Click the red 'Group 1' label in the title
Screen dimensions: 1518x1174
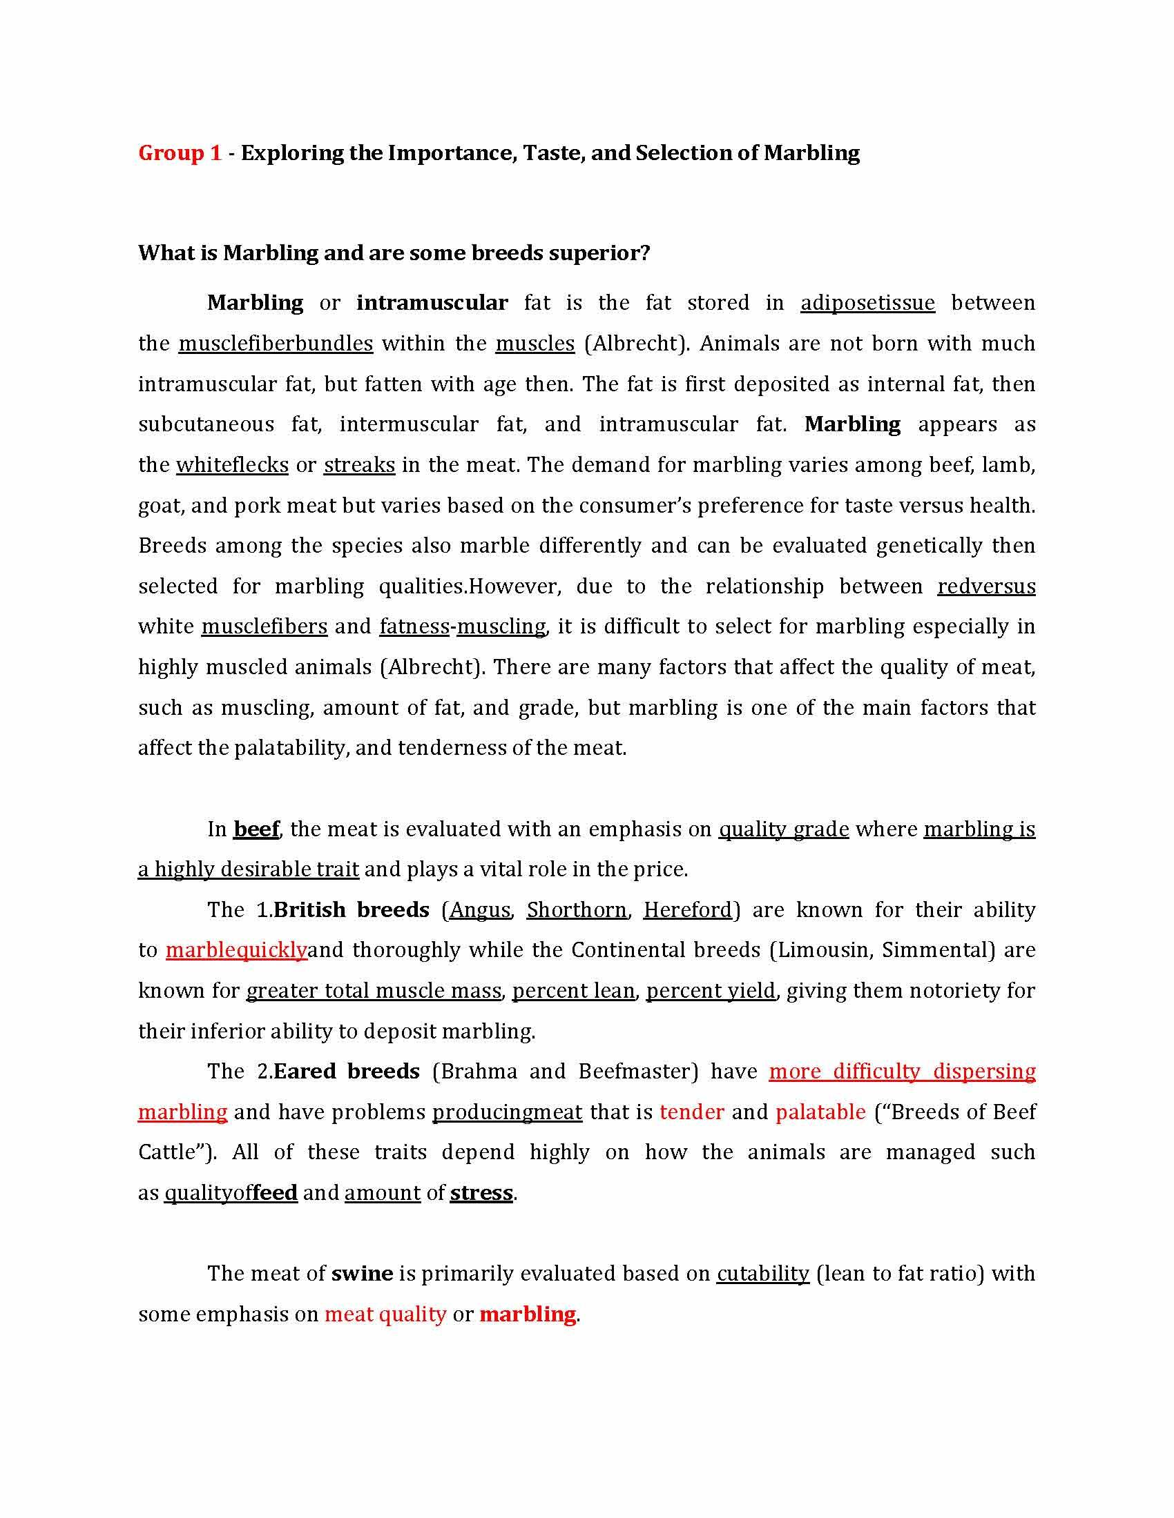[x=180, y=153]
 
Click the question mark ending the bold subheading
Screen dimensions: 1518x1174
[x=645, y=253]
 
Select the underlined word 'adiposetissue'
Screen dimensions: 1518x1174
[x=867, y=303]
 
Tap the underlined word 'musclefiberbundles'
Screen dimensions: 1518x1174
[x=276, y=344]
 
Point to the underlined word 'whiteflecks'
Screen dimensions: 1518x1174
[x=232, y=464]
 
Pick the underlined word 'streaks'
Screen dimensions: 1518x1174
[x=359, y=464]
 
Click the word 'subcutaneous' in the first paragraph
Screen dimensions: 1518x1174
[x=206, y=424]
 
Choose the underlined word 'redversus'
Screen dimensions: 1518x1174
[x=985, y=586]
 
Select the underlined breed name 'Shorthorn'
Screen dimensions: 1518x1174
[x=576, y=910]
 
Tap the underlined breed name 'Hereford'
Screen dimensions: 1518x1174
[x=687, y=910]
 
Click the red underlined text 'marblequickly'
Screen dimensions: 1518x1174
[x=236, y=950]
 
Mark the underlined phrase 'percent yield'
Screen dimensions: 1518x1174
[x=710, y=990]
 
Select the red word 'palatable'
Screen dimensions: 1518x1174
[x=820, y=1112]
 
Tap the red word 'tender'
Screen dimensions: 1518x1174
[x=691, y=1112]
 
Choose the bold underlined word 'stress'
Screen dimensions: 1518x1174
[x=481, y=1193]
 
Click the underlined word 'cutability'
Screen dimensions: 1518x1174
[x=763, y=1273]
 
